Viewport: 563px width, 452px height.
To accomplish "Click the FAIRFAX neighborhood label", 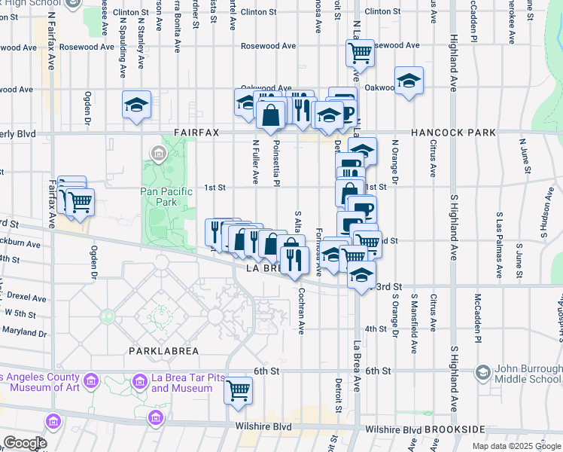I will pyautogui.click(x=196, y=133).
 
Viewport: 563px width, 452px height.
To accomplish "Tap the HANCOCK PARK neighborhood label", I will pyautogui.click(x=452, y=133).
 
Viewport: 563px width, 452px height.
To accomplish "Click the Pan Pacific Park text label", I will pyautogui.click(x=166, y=197).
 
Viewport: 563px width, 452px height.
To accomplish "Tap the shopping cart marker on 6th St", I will pyautogui.click(x=238, y=390).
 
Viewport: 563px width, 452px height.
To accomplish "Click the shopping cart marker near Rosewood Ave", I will pyautogui.click(x=360, y=53).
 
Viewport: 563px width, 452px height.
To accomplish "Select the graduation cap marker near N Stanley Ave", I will pyautogui.click(x=137, y=105).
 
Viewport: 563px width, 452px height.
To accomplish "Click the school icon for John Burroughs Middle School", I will pyautogui.click(x=482, y=372).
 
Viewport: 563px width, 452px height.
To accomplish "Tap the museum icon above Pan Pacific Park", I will pyautogui.click(x=158, y=155).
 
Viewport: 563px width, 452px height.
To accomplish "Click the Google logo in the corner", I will pyautogui.click(x=25, y=443).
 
